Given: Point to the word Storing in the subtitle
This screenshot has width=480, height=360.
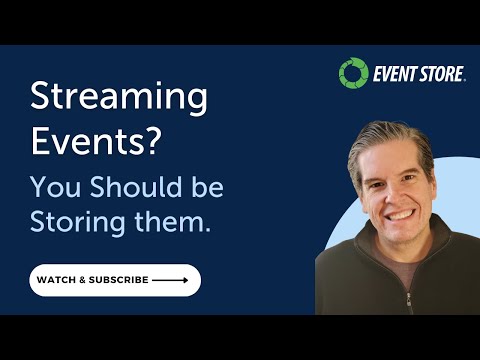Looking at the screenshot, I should coord(77,222).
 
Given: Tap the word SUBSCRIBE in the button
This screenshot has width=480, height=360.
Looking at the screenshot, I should coord(120,280).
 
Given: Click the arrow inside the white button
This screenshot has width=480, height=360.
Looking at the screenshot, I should coord(171,280).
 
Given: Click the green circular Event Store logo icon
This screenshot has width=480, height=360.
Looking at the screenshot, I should coord(353,73).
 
